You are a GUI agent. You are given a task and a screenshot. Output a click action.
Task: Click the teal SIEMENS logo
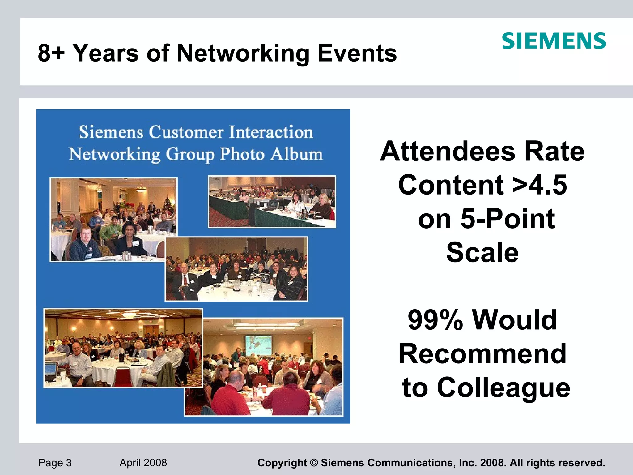(554, 41)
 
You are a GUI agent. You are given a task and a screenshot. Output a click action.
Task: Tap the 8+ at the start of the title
(51, 53)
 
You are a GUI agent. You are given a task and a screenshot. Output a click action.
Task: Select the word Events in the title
(357, 53)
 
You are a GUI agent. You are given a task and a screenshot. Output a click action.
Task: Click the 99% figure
(435, 320)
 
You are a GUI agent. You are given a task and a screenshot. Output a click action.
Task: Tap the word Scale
(482, 252)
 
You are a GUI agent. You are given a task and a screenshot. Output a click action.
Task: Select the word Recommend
(482, 354)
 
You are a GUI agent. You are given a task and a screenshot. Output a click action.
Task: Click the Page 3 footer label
(55, 463)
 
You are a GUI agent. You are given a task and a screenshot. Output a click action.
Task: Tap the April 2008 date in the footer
(143, 463)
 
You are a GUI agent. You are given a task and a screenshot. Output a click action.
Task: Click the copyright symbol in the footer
(314, 463)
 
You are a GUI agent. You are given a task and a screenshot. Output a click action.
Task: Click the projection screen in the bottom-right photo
(258, 345)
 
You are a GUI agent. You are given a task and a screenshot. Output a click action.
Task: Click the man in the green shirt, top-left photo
(113, 229)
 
